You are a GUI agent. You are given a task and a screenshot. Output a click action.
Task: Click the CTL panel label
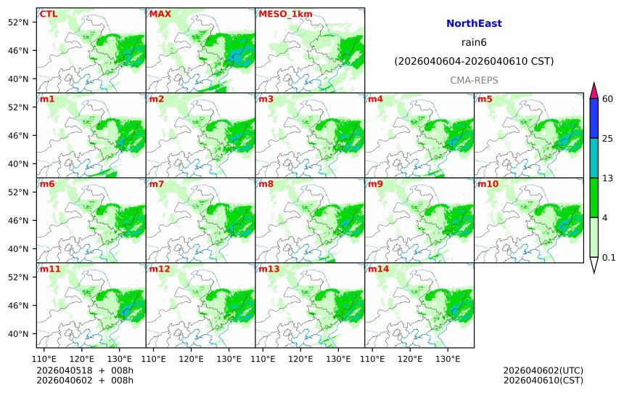(49, 14)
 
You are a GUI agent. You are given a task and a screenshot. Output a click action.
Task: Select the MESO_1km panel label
(279, 14)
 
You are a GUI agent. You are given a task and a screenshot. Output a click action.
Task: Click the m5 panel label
(485, 99)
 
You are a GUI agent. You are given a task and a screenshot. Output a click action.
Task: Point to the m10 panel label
(488, 184)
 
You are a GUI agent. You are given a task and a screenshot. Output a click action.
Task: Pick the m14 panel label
(379, 269)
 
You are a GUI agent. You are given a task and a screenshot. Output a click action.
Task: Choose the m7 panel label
(157, 184)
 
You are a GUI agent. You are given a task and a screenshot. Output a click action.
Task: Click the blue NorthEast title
(474, 24)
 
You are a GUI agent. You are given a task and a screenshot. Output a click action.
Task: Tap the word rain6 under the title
(474, 43)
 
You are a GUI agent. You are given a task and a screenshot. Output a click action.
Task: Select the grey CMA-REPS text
(474, 80)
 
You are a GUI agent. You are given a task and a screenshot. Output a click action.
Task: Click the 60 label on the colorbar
(608, 99)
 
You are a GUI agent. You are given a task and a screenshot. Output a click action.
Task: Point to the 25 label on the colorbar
(608, 138)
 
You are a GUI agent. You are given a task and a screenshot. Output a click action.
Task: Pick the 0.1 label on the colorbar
(609, 257)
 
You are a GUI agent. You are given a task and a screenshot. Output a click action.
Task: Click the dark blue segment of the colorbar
(594, 118)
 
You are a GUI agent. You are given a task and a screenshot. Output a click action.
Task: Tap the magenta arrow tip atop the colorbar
(594, 90)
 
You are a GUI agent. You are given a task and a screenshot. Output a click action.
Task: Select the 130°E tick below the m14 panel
(448, 358)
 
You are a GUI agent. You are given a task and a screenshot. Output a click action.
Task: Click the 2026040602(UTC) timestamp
(543, 370)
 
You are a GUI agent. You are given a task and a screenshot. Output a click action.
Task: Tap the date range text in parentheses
(474, 62)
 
